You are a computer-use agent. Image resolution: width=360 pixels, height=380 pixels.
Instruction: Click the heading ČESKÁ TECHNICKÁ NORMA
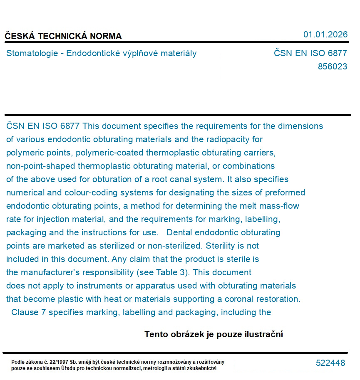[x=63, y=36]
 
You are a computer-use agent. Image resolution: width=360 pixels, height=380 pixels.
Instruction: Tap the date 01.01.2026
[x=325, y=35]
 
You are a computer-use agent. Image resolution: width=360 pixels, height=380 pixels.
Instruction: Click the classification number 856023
[x=332, y=67]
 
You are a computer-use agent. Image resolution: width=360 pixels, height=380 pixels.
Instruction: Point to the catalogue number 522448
[x=330, y=363]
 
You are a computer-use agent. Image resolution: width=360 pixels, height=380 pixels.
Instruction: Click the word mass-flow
[x=279, y=206]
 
